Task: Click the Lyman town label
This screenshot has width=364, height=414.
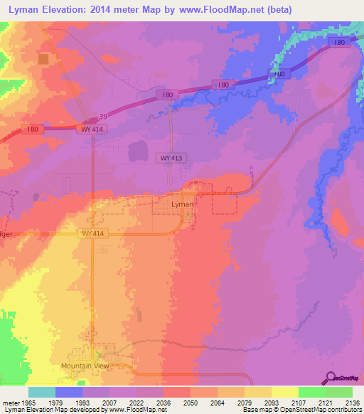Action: [182, 204]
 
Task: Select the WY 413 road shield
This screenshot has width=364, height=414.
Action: [169, 158]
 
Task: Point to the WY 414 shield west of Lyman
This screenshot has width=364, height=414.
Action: [92, 233]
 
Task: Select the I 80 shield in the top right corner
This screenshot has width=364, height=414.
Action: [339, 43]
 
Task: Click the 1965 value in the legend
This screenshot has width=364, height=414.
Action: [29, 403]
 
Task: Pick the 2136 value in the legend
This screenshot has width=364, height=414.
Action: [353, 403]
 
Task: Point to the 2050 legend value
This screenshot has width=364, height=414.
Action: [191, 403]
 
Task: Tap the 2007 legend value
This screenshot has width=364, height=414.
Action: [110, 403]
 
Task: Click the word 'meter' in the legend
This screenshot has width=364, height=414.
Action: [11, 403]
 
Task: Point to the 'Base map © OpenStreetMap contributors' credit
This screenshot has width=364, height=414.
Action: [301, 410]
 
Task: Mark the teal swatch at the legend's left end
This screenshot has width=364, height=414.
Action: [42, 392]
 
